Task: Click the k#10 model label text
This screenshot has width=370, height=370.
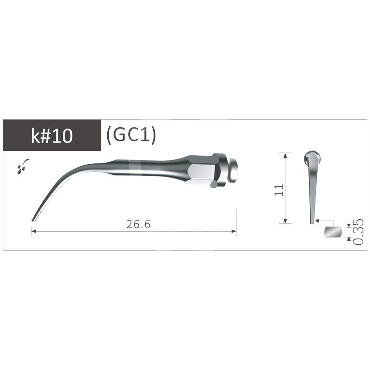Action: tap(52, 137)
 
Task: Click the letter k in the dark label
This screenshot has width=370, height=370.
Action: tap(35, 137)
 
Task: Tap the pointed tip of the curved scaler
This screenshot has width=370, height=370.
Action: tap(33, 221)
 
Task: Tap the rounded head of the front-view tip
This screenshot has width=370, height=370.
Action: tap(311, 157)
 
